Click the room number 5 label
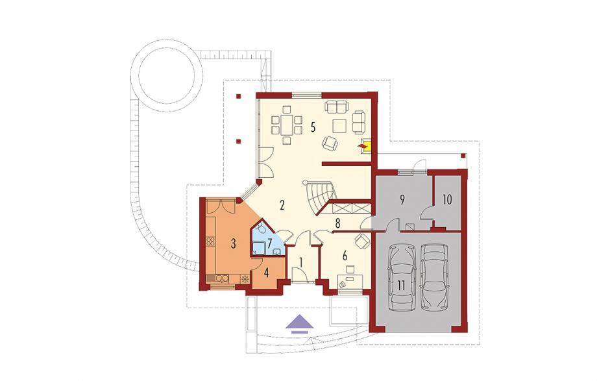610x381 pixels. pyautogui.click(x=313, y=128)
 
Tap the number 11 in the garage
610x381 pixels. pyautogui.click(x=401, y=286)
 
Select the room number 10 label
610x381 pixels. pyautogui.click(x=447, y=200)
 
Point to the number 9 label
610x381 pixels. pyautogui.click(x=402, y=199)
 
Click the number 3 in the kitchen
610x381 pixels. pyautogui.click(x=233, y=244)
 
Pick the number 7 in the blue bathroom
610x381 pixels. pyautogui.click(x=269, y=244)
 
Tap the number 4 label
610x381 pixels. pyautogui.click(x=266, y=273)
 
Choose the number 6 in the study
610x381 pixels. pyautogui.click(x=345, y=256)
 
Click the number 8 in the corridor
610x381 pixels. pyautogui.click(x=337, y=223)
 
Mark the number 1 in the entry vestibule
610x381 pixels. pyautogui.click(x=300, y=262)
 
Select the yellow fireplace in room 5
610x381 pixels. pyautogui.click(x=366, y=145)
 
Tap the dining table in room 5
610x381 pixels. pyautogui.click(x=287, y=125)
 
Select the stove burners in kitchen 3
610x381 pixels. pyautogui.click(x=210, y=241)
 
